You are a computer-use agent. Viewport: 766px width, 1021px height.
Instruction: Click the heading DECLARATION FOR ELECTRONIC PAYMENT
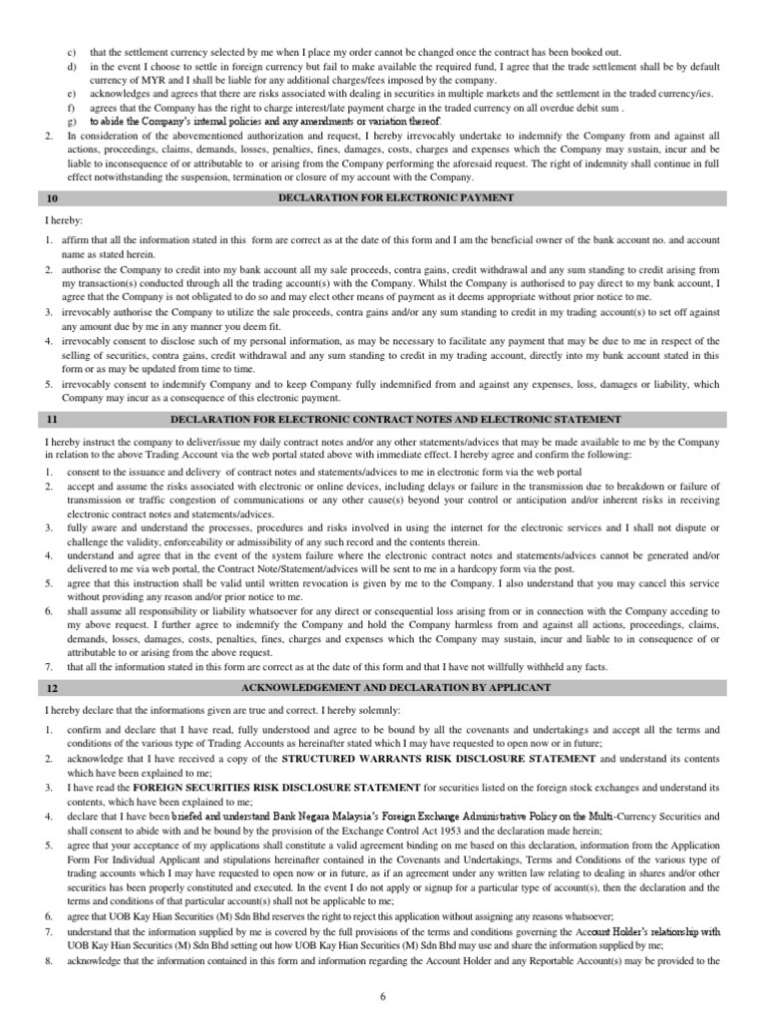tap(396, 197)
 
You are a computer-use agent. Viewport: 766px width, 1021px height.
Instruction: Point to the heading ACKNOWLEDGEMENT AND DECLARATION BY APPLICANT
tap(396, 688)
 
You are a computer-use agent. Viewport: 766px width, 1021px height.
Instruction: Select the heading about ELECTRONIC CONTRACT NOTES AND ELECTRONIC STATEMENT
tap(396, 420)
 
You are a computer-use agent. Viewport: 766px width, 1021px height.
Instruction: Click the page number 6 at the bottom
tap(384, 996)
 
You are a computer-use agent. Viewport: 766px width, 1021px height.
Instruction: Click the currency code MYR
tap(135, 79)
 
